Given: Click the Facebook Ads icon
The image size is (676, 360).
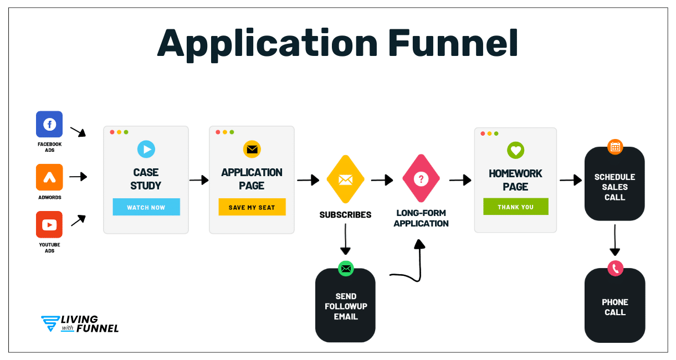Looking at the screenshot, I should pyautogui.click(x=49, y=124).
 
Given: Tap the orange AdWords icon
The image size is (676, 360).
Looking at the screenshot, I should pyautogui.click(x=49, y=177).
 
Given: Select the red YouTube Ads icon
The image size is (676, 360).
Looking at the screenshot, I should pyautogui.click(x=49, y=224).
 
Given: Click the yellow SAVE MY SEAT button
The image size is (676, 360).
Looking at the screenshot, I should pyautogui.click(x=252, y=207).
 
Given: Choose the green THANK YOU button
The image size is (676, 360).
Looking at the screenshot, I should pyautogui.click(x=515, y=207).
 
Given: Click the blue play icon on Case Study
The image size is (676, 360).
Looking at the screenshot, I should pyautogui.click(x=146, y=149).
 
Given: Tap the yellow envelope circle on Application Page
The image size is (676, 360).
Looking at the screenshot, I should pyautogui.click(x=252, y=149).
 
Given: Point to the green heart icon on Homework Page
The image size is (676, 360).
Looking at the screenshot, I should pyautogui.click(x=515, y=150).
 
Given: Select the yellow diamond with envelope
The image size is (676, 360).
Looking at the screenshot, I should pyautogui.click(x=345, y=179).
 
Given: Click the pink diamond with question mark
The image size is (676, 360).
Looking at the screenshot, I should pyautogui.click(x=421, y=179).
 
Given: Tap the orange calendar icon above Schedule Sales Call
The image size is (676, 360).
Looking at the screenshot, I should pyautogui.click(x=614, y=147).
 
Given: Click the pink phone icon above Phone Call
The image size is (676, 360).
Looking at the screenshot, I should pyautogui.click(x=615, y=269).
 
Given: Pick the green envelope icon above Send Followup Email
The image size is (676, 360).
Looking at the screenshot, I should pyautogui.click(x=346, y=269).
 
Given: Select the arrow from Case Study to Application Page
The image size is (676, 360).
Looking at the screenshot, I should pyautogui.click(x=198, y=179).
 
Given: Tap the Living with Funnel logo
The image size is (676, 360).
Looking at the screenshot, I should pyautogui.click(x=80, y=324).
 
